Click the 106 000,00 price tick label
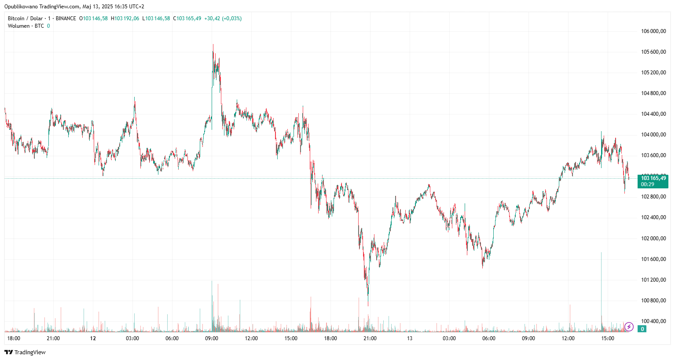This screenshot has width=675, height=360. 653,31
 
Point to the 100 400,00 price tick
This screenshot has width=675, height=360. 653,321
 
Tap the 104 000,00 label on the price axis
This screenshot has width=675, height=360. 653,135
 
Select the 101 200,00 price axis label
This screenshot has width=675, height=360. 653,280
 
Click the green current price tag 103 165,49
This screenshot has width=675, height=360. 653,181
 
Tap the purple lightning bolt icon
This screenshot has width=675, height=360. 629,327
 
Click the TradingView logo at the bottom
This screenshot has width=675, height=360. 25,352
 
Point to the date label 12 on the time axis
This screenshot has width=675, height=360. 93,338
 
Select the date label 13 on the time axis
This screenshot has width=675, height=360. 410,338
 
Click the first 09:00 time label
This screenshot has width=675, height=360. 212,338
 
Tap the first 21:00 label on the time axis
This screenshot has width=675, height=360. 53,338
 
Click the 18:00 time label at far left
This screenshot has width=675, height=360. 14,338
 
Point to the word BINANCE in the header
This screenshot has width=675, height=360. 66,18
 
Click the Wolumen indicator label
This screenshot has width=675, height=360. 18,26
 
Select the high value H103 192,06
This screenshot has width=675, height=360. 125,18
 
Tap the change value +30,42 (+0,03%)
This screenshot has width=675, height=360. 223,18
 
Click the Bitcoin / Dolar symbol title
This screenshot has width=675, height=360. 25,18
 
